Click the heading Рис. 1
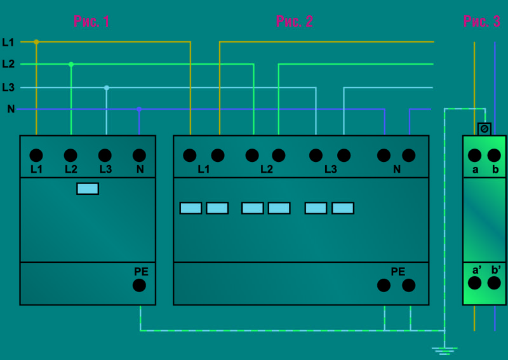91,22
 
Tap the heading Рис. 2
294,22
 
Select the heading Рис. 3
481,22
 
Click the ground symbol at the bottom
444,349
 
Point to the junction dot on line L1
36,42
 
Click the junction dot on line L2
71,64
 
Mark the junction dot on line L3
107,88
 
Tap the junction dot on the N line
139,109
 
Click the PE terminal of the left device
139,285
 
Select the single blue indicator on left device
88,189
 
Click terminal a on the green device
474,155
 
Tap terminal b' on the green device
494,283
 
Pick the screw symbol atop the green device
484,129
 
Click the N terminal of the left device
139,155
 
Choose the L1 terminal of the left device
36,155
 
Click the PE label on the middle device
398,272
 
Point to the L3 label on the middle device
330,170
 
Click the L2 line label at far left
8,64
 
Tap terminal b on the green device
494,155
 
